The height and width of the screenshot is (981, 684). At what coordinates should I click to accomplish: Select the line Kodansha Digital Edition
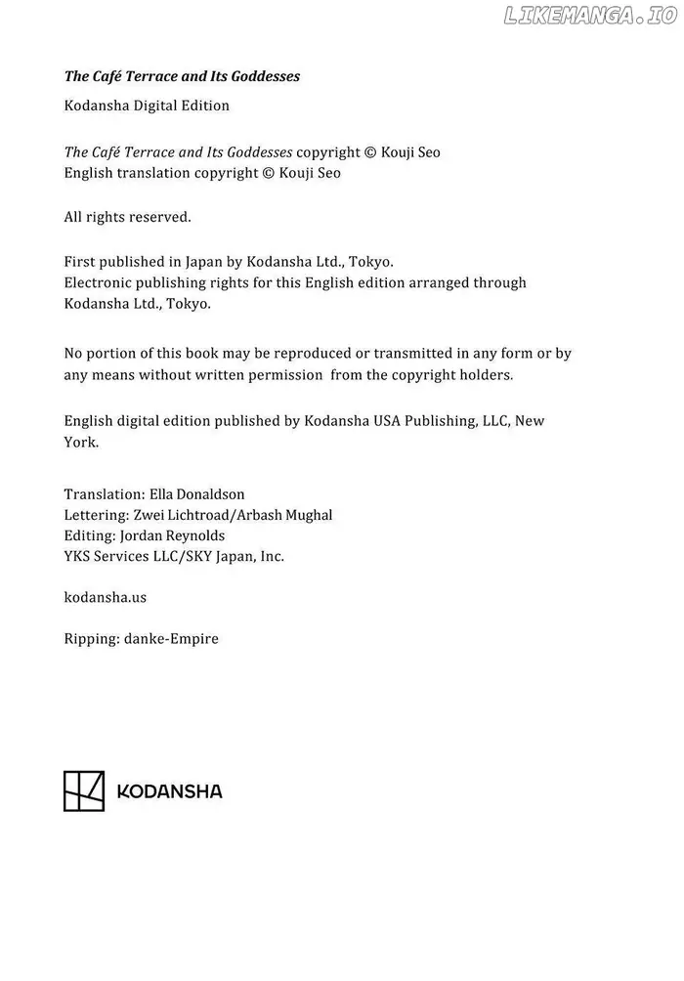click(147, 106)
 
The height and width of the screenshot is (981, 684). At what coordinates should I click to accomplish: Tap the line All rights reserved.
click(127, 217)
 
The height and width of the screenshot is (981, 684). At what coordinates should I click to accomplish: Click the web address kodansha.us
click(105, 596)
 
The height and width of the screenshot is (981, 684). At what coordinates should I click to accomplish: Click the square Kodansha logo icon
click(84, 790)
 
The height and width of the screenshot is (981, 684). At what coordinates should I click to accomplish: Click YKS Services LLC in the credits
click(123, 556)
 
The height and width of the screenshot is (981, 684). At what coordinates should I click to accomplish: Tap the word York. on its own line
click(81, 442)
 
